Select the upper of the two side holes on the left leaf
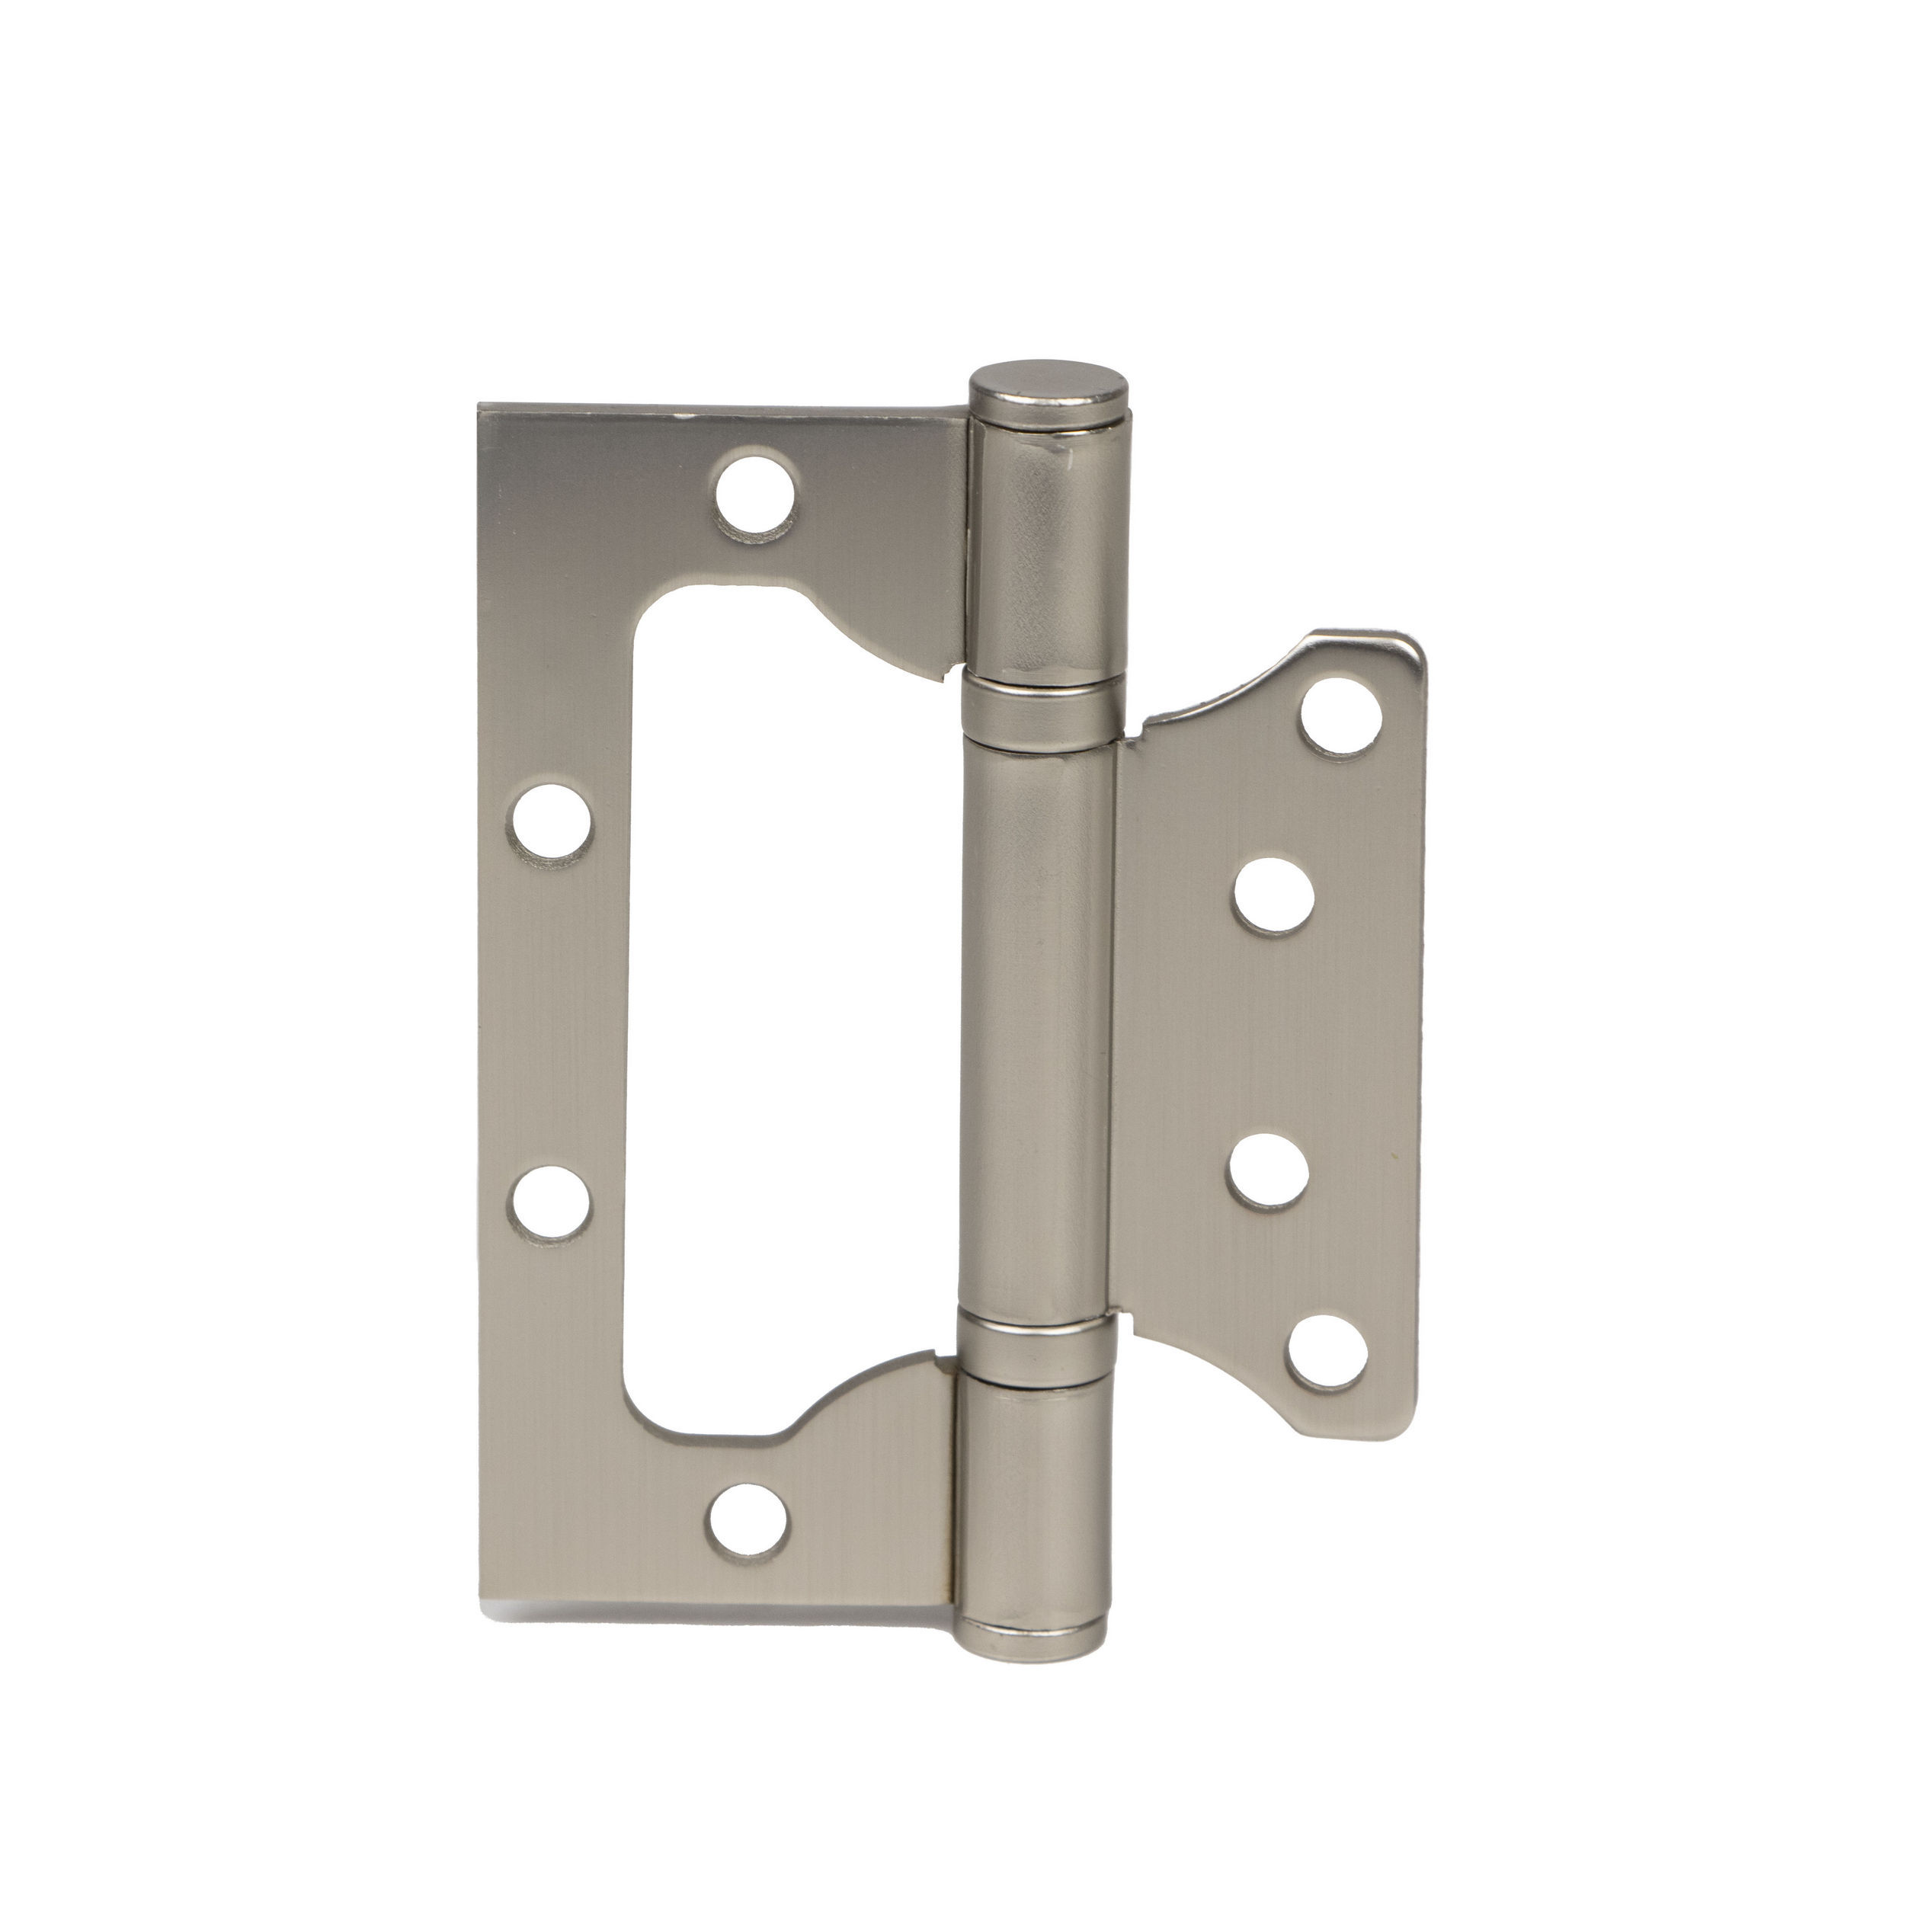[x=553, y=819]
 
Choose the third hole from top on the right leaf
[x=1270, y=1173]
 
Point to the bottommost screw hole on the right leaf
[x=1324, y=1353]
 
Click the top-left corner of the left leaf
[x=482, y=406]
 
